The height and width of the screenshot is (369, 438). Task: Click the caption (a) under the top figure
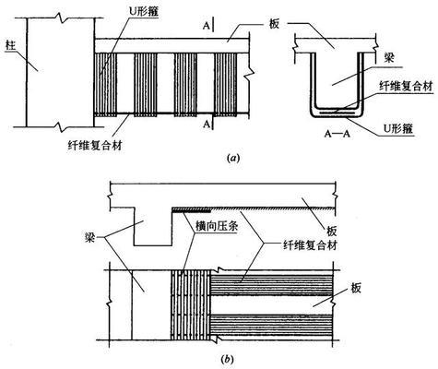(232, 158)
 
